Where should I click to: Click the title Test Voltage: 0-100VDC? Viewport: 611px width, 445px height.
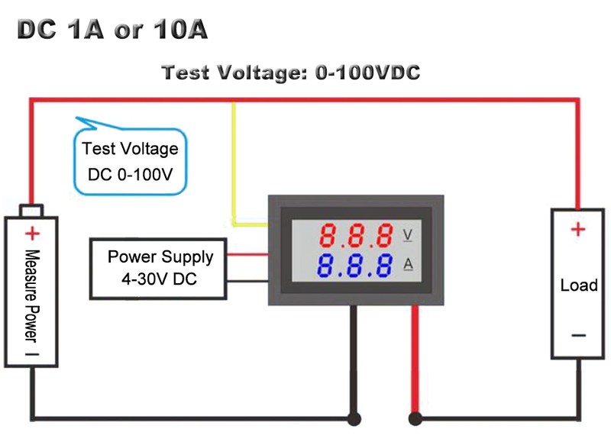[x=291, y=73]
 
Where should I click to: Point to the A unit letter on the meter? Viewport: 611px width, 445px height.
[x=408, y=265]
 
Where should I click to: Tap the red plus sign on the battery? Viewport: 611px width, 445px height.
[x=31, y=234]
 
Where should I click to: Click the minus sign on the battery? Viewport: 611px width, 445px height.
[x=31, y=353]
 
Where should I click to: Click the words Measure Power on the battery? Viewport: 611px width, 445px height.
[x=31, y=294]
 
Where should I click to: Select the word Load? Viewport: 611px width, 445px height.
[x=578, y=285]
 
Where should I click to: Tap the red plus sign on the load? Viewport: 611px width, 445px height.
[x=578, y=228]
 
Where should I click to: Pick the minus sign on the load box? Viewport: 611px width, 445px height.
[x=578, y=335]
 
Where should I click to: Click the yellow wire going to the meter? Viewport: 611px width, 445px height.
[x=234, y=168]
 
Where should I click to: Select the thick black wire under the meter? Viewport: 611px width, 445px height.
[x=354, y=359]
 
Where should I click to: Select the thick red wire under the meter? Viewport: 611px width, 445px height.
[x=415, y=359]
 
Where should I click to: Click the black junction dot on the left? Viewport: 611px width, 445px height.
[x=354, y=418]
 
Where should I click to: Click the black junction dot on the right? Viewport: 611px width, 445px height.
[x=415, y=418]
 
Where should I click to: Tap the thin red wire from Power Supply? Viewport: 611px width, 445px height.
[x=247, y=256]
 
